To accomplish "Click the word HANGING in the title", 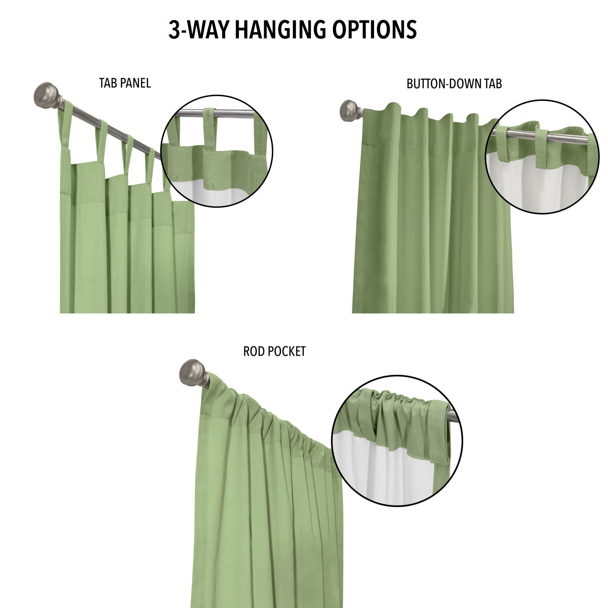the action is (279, 30).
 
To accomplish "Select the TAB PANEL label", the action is (125, 83).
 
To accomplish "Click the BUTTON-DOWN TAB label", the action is (454, 84).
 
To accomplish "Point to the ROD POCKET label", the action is (274, 352).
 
